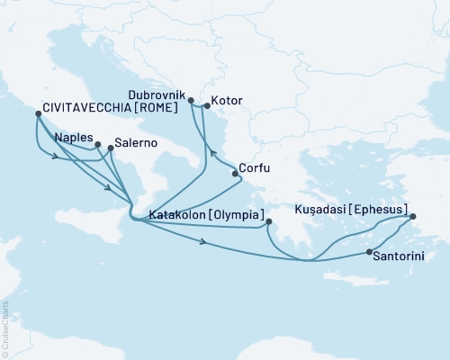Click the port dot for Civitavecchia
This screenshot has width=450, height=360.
click(38, 114)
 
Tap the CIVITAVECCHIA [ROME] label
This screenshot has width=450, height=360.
click(104, 114)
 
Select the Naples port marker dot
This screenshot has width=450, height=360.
click(98, 144)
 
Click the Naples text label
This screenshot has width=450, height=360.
click(71, 138)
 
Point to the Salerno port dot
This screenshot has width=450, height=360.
click(111, 148)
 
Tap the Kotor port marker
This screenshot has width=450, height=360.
click(206, 106)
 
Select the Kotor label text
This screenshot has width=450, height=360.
click(226, 101)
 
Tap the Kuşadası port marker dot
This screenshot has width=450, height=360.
click(413, 217)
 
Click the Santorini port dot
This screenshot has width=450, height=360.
click(370, 252)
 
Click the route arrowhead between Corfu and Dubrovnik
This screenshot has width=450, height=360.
click(212, 153)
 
